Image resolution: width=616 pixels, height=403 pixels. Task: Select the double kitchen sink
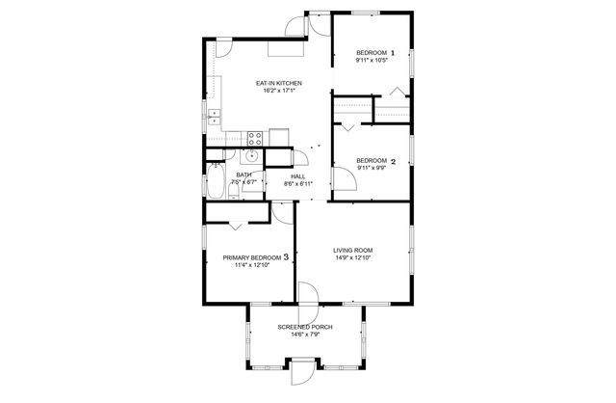click(214, 117)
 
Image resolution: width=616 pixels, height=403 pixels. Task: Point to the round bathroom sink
click(252, 155)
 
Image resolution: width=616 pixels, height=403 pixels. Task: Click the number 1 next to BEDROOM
click(392, 52)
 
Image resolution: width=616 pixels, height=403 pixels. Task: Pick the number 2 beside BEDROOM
click(392, 160)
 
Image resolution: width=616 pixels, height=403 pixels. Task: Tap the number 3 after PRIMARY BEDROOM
click(286, 257)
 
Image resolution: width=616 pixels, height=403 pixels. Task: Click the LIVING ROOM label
click(352, 251)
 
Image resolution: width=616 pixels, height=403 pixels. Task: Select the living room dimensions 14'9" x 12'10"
click(352, 258)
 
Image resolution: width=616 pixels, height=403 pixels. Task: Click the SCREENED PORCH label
click(305, 328)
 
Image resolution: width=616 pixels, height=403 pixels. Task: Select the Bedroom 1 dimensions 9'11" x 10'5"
click(371, 60)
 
